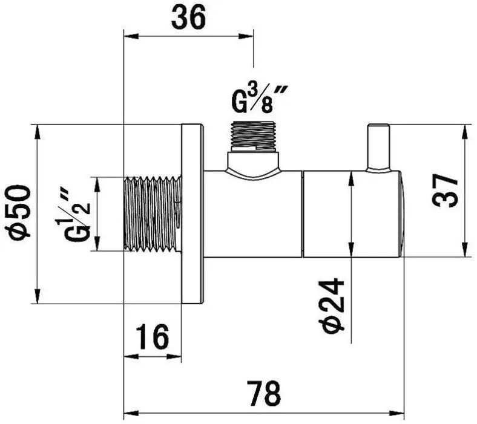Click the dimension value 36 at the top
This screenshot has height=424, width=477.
click(x=188, y=18)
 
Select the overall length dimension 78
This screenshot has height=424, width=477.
click(x=264, y=394)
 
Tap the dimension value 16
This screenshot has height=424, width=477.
click(x=152, y=337)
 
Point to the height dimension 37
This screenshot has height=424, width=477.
click(x=446, y=190)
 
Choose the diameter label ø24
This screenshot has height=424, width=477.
click(x=332, y=305)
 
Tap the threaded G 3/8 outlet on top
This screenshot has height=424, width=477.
click(x=254, y=135)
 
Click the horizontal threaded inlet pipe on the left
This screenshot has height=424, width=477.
click(x=152, y=214)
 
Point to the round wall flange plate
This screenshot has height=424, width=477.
click(x=192, y=214)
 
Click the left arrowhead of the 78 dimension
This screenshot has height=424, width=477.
click(x=127, y=415)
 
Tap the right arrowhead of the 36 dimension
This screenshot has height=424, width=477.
click(x=249, y=36)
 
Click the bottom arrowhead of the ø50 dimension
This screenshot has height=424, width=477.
click(x=37, y=299)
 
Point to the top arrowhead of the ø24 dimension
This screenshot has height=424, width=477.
click(x=351, y=175)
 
